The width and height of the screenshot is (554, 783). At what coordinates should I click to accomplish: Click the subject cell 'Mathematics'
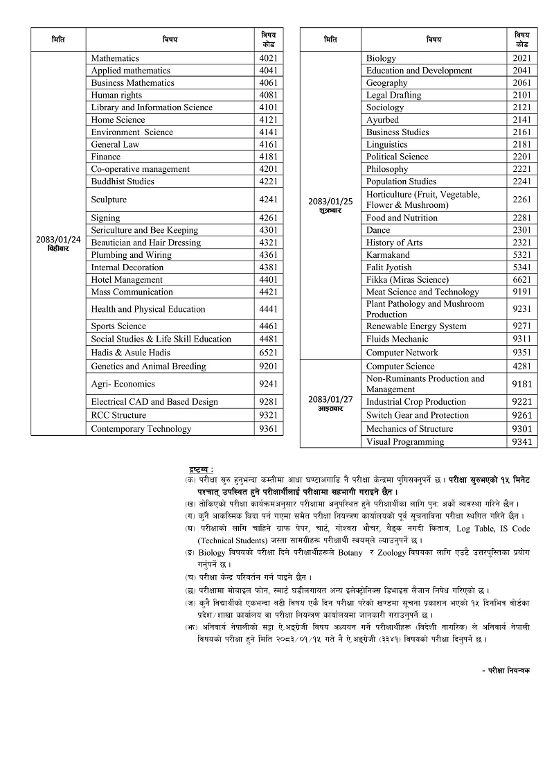(x=115, y=58)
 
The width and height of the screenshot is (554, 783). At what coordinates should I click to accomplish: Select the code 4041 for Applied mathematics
(x=268, y=71)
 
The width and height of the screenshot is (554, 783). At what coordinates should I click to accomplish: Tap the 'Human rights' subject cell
(x=116, y=95)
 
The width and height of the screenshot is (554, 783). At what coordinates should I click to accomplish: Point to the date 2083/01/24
(x=58, y=240)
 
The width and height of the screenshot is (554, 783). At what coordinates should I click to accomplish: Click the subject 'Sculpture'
(x=109, y=200)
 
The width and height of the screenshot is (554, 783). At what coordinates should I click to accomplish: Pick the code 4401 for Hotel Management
(x=268, y=280)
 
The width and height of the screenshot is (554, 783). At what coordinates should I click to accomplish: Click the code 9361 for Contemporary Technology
(x=268, y=429)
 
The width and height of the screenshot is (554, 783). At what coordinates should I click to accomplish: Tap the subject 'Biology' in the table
(x=381, y=58)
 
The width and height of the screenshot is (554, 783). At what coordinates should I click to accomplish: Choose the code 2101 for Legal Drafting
(x=522, y=95)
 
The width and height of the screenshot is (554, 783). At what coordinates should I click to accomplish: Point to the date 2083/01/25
(x=330, y=202)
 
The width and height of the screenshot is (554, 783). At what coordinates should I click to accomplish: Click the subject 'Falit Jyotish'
(x=388, y=267)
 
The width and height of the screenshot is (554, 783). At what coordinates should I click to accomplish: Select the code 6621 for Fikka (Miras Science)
(x=522, y=280)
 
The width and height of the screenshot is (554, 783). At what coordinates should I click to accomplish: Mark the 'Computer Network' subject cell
(x=402, y=353)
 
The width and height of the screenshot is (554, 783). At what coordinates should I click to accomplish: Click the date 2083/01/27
(x=330, y=400)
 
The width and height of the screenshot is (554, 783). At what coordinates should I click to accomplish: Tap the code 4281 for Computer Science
(x=522, y=366)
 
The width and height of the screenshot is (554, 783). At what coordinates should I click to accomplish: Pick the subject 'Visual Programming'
(x=405, y=442)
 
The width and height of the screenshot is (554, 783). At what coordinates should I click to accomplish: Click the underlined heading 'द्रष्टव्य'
(x=201, y=470)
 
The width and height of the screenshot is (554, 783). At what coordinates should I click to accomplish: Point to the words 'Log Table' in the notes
(x=456, y=529)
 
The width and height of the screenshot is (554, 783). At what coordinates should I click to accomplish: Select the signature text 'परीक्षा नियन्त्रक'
(x=508, y=670)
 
